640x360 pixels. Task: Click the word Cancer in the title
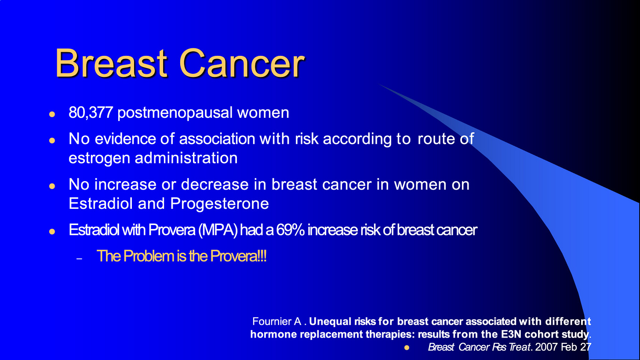242,63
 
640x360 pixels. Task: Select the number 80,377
91,113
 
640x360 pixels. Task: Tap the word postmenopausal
175,113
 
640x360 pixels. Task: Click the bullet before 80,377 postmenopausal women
52,114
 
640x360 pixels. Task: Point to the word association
217,138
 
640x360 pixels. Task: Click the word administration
186,158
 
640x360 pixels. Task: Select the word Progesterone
219,204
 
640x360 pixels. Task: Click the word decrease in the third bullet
215,184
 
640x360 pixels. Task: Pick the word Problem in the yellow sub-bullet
149,256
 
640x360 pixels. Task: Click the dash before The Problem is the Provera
79,259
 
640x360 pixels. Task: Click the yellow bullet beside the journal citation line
407,348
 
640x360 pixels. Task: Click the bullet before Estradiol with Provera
52,231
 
